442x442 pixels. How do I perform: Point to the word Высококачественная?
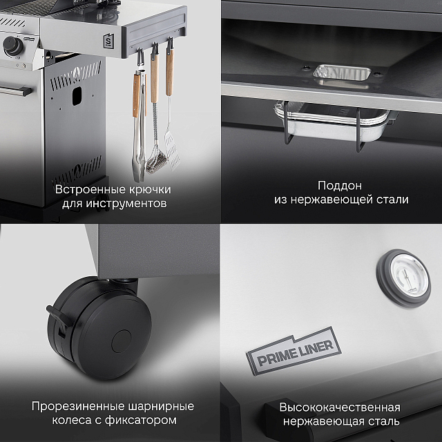point(340,406)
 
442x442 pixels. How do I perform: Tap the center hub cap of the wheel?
point(122,339)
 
